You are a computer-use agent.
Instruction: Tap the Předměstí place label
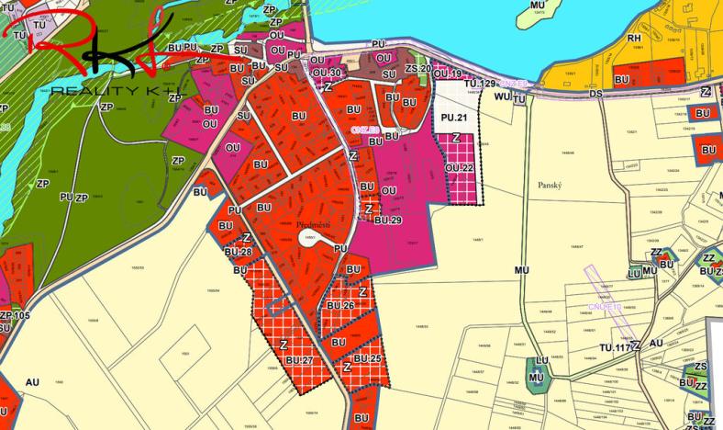pos(314,224)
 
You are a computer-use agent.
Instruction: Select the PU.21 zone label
pos(455,119)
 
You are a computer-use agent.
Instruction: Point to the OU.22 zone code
pos(459,168)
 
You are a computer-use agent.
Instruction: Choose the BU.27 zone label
pos(299,361)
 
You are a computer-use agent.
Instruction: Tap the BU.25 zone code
pos(367,357)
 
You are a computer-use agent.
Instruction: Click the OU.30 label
pos(327,73)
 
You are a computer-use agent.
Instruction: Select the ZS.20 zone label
pos(418,69)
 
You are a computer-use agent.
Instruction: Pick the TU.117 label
pos(616,347)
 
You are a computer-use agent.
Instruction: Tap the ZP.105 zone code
pos(16,316)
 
